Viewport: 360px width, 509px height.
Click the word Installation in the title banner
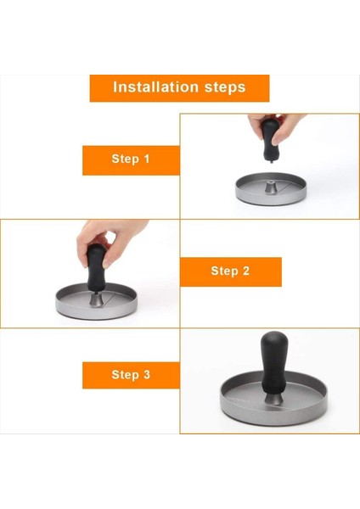(x=153, y=87)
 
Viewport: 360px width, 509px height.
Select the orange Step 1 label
(x=131, y=159)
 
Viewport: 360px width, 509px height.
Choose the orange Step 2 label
(x=230, y=271)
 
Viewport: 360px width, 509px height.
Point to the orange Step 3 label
(x=131, y=375)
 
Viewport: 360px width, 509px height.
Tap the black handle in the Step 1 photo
(x=269, y=141)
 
